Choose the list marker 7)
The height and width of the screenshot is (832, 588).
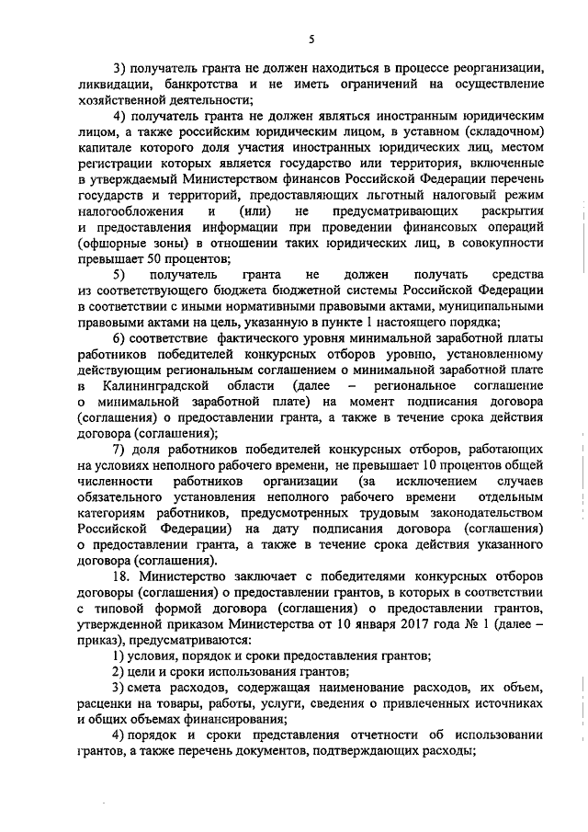click(x=119, y=448)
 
